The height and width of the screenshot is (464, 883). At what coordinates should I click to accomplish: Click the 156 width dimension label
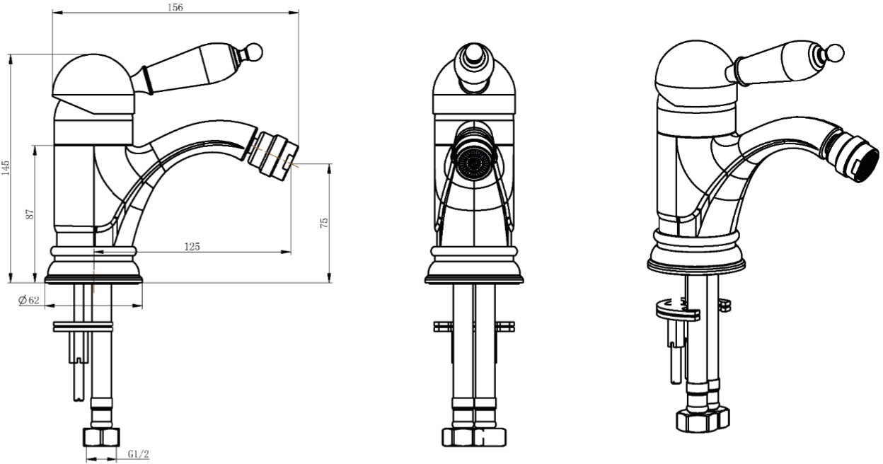[x=175, y=8]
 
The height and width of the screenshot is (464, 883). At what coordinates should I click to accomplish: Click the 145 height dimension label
[x=5, y=168]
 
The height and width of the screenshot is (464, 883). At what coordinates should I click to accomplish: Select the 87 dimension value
[x=30, y=214]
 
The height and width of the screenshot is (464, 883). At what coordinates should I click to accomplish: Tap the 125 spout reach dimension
[x=192, y=246]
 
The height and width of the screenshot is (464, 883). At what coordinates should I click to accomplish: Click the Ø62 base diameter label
[x=29, y=300]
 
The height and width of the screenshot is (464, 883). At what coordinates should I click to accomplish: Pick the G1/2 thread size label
[x=139, y=454]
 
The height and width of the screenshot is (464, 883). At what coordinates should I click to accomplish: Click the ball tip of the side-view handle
[x=254, y=52]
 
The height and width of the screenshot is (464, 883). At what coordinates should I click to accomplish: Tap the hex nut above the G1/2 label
[x=101, y=437]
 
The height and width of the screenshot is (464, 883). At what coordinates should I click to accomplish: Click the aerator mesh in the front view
[x=474, y=163]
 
